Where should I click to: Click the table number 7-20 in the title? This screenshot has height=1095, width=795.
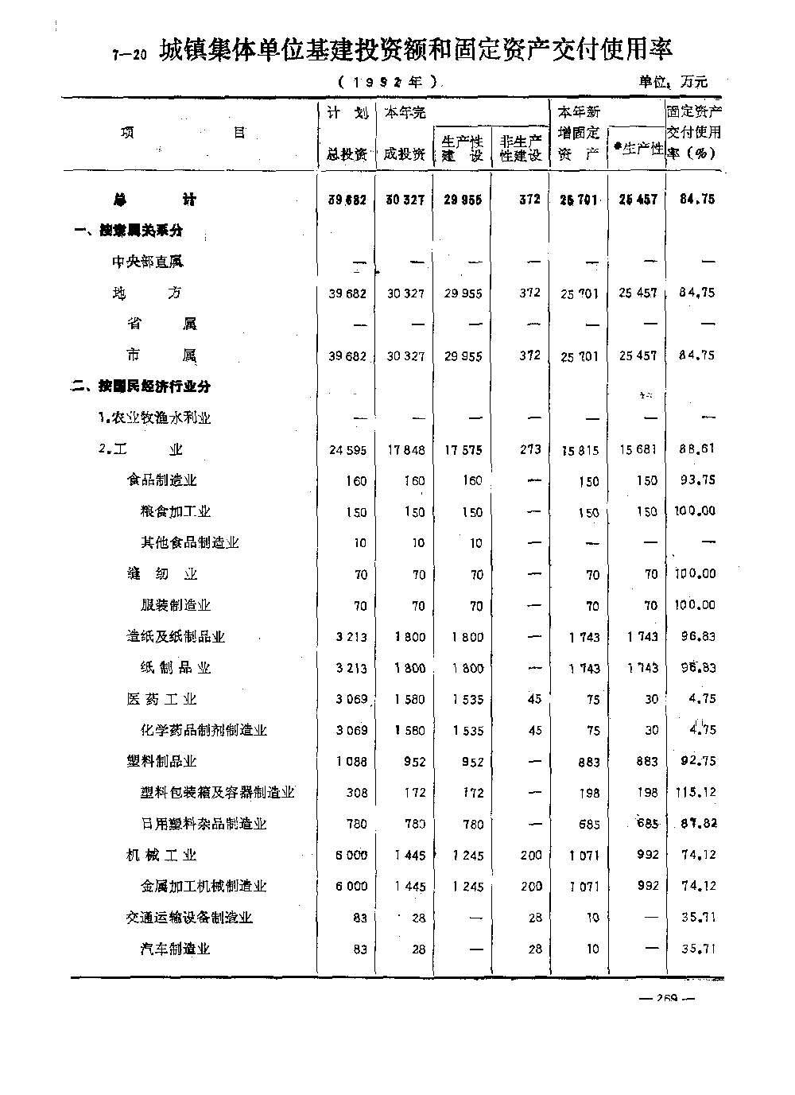pos(130,55)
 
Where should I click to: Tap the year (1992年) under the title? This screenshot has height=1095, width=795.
pos(387,81)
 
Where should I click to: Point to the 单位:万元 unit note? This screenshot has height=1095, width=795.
pos(673,81)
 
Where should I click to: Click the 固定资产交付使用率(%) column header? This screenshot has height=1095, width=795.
pos(693,132)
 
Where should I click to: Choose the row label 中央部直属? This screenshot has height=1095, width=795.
pos(148,262)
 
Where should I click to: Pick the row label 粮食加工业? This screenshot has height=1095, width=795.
pos(176,511)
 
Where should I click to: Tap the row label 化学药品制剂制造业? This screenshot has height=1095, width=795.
pos(204,730)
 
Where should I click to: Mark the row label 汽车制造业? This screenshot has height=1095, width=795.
pos(176,949)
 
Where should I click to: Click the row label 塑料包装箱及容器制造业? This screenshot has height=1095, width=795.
pos(217,793)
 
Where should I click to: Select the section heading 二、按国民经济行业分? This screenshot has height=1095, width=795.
pos(142,386)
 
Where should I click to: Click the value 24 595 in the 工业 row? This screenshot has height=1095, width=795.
pos(347,450)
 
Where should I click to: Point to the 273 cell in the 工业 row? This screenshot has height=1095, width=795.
pos(530,449)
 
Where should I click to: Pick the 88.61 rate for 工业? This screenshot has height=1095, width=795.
pos(697,448)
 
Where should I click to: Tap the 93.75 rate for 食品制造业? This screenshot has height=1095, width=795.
pos(697,480)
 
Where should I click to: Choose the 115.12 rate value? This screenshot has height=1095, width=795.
pos(697,792)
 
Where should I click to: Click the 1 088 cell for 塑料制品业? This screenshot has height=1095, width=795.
pos(351,762)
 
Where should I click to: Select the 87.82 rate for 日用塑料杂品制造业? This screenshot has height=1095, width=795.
pos(697,824)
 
